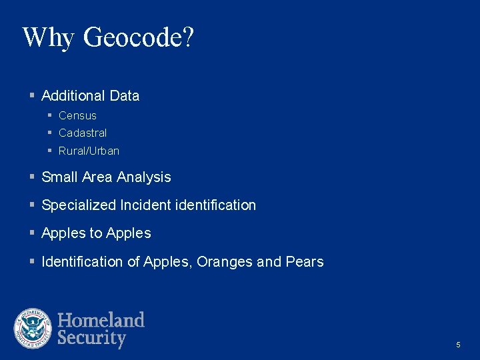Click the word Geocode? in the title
coord(138,38)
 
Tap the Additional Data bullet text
coord(90,96)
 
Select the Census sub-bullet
coord(77,116)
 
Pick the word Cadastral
coord(83,133)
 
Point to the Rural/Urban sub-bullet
coord(89,151)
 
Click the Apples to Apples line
coord(96,233)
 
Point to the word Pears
coord(305,262)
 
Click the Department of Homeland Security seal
coord(33,329)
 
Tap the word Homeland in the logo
coord(101,320)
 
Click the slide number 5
coord(458,345)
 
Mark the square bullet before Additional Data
coord(32,96)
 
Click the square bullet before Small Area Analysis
coord(32,177)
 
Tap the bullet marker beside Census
coord(49,116)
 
